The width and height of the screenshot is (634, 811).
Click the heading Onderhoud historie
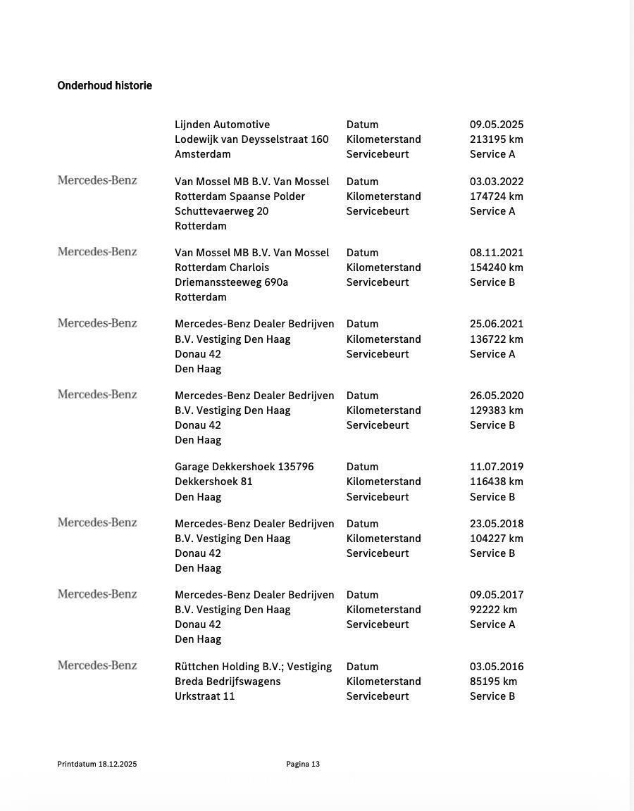[x=104, y=86]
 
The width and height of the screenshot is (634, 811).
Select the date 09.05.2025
[x=497, y=125]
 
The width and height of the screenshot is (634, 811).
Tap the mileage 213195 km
[x=497, y=139]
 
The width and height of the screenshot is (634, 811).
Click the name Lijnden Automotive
[x=222, y=125]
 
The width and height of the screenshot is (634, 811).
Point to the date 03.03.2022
[x=497, y=182]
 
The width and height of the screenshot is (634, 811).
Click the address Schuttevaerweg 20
[x=221, y=211]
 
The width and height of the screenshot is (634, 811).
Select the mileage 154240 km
[x=497, y=268]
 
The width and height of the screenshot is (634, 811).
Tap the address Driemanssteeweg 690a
[x=231, y=282]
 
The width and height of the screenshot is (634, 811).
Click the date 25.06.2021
[x=497, y=324]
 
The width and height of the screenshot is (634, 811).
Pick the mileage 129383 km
[x=497, y=410]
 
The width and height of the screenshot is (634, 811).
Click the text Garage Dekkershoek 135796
[x=244, y=467]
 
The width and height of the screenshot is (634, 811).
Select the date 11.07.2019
[x=497, y=467]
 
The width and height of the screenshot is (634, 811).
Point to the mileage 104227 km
[x=497, y=539]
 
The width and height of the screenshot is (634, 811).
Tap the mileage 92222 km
[x=493, y=610]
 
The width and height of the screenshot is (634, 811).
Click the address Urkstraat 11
[x=204, y=696]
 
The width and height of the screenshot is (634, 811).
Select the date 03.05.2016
[x=497, y=667]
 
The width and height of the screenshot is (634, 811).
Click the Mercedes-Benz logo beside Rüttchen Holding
[x=97, y=665]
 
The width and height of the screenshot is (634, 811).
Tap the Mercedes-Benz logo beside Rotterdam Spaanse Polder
[x=97, y=180]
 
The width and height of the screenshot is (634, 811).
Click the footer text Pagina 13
[x=303, y=764]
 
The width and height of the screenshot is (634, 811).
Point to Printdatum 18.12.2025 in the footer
[x=97, y=764]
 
